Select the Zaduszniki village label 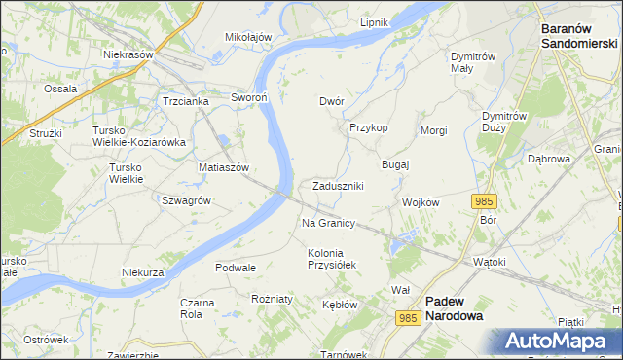point(338,186)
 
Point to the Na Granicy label point(328,223)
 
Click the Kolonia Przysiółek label point(333,259)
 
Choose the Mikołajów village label point(248,37)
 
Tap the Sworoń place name point(248,97)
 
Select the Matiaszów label point(225,167)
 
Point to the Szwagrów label point(187,200)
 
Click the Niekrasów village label point(129,54)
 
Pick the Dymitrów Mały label point(475,62)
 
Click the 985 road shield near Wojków point(485,200)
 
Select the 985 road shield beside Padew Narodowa point(409,317)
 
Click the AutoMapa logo point(558,340)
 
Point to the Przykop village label point(369,127)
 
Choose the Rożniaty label point(272,299)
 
